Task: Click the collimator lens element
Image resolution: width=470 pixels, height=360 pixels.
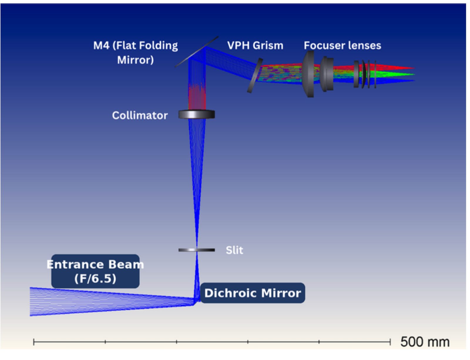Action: [197, 114]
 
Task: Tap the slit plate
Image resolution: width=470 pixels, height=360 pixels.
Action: [197, 250]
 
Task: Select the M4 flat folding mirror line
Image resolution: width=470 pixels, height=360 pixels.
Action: [197, 52]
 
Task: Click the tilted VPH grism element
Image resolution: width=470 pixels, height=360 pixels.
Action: [255, 75]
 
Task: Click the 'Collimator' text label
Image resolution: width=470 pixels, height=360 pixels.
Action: [140, 115]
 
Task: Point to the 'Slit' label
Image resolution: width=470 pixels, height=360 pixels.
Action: [234, 250]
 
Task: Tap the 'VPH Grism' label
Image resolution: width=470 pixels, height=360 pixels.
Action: [255, 46]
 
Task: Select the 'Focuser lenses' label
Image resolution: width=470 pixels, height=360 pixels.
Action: [343, 46]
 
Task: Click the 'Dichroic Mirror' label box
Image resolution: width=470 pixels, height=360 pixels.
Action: [253, 293]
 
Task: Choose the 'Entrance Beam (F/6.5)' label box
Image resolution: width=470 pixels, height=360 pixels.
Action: [95, 271]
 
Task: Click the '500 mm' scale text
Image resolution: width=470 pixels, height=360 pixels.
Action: [425, 342]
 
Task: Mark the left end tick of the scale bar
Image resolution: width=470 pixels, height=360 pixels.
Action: [34, 342]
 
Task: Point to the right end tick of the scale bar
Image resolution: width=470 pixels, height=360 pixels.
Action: [390, 342]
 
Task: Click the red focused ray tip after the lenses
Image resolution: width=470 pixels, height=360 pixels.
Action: [414, 68]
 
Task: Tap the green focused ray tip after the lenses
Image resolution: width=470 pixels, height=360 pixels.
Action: [414, 75]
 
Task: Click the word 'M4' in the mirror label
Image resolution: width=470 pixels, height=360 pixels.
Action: [101, 46]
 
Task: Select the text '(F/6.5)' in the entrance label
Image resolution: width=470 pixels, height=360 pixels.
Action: [95, 278]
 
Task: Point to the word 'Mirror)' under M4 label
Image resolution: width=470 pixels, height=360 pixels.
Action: [135, 60]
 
